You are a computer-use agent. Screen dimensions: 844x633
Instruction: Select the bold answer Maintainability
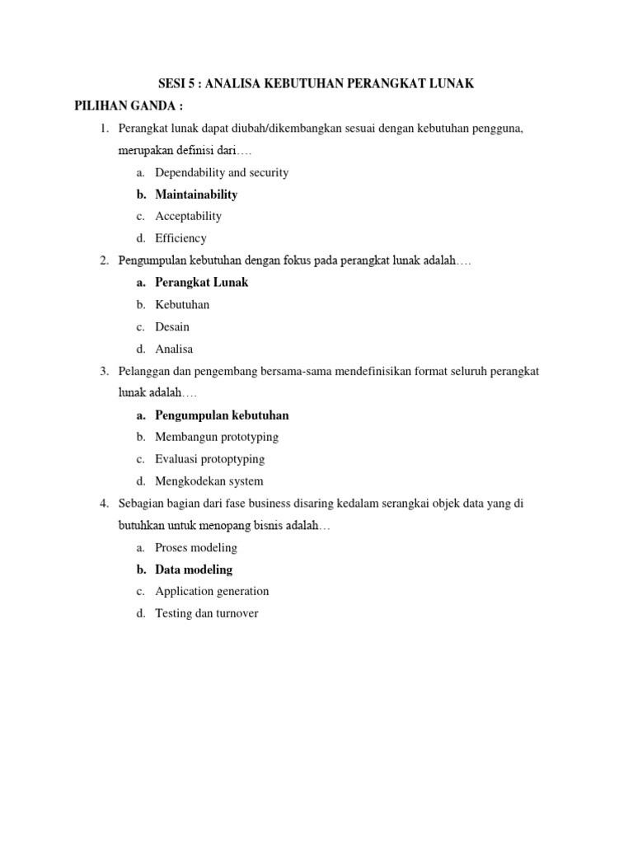(196, 195)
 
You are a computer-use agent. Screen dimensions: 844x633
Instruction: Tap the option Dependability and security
(222, 172)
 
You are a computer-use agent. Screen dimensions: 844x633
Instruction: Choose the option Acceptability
(188, 216)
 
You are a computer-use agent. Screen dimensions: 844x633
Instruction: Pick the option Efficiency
(181, 238)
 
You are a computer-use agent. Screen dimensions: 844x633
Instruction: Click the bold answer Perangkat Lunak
(201, 282)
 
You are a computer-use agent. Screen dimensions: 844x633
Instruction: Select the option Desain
(172, 326)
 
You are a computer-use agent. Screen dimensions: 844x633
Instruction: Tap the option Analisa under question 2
(174, 349)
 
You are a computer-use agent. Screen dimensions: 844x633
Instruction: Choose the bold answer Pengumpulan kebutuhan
(222, 415)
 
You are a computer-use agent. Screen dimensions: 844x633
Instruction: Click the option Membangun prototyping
(217, 437)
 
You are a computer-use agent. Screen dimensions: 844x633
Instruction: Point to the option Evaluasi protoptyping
(209, 459)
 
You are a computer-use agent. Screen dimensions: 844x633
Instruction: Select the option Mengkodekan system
(209, 481)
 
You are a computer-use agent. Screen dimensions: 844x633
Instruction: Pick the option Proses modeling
(196, 547)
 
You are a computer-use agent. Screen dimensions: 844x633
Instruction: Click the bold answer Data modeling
(194, 570)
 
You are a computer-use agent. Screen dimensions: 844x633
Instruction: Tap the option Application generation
(212, 591)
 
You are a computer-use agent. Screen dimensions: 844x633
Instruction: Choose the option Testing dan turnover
(206, 613)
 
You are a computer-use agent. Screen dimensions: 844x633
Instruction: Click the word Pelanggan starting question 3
(144, 371)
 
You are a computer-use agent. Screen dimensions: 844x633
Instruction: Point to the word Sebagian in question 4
(142, 504)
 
